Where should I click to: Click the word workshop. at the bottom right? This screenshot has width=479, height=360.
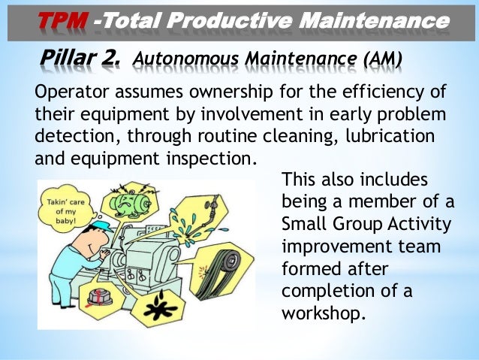(324, 311)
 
